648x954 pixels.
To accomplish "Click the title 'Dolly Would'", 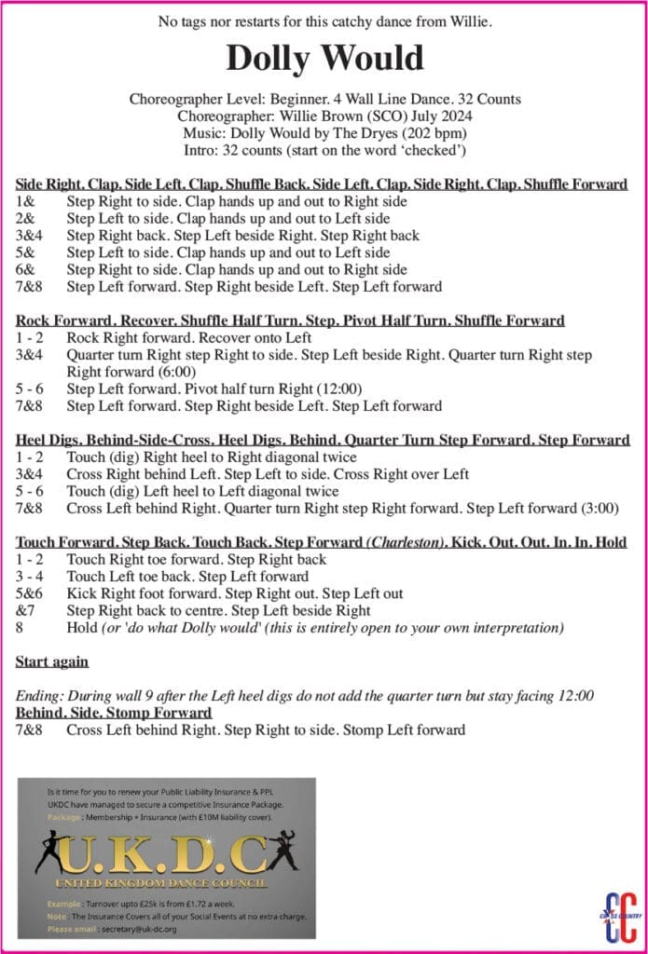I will [x=324, y=59].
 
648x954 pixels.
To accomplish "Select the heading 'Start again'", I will [x=52, y=661].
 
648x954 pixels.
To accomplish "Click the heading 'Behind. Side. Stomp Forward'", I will [x=114, y=713].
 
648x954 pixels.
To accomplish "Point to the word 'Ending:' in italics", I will [x=41, y=696].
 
